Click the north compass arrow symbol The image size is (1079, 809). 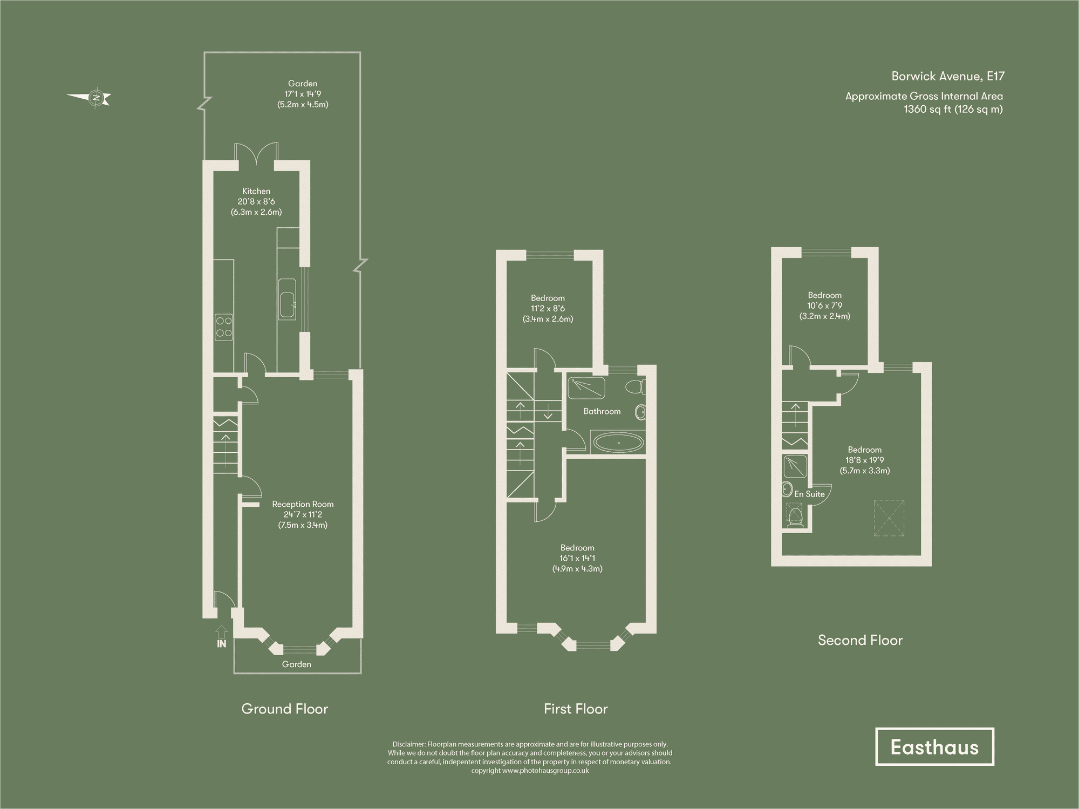[x=90, y=98]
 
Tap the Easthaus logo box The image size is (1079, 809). [x=934, y=747]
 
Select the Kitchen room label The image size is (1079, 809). [x=256, y=191]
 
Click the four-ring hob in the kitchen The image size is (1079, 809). [x=224, y=327]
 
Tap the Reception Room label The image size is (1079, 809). [x=303, y=504]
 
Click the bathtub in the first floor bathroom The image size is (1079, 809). [x=618, y=444]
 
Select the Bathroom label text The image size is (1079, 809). [x=602, y=411]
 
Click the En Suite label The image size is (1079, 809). [x=809, y=494]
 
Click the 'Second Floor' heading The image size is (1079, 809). [x=860, y=641]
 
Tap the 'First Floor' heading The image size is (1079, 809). [x=576, y=709]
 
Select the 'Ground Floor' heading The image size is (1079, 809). [x=284, y=709]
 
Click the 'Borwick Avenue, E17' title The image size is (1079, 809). [x=947, y=76]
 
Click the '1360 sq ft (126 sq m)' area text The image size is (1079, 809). [x=953, y=109]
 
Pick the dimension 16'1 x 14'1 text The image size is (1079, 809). [x=577, y=558]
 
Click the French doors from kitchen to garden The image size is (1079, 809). [x=257, y=153]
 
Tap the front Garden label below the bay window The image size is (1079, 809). [x=297, y=664]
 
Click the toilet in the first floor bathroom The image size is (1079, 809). [x=635, y=386]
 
